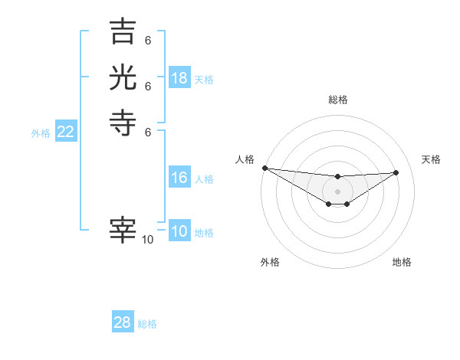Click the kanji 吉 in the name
(123, 33)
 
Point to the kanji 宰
(123, 230)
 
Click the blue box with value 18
(179, 77)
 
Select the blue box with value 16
(179, 178)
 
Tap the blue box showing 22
(66, 133)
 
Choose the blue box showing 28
(123, 322)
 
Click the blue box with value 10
(179, 232)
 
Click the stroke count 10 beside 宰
(148, 240)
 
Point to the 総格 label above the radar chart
(338, 100)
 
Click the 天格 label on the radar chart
(431, 159)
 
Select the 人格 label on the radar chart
(245, 159)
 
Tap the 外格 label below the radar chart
(270, 262)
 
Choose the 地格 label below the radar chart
(402, 262)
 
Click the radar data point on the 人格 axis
(264, 168)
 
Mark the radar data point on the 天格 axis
(396, 172)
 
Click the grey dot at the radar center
(337, 191)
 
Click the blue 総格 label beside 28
(147, 324)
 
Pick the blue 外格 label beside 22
(41, 133)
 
